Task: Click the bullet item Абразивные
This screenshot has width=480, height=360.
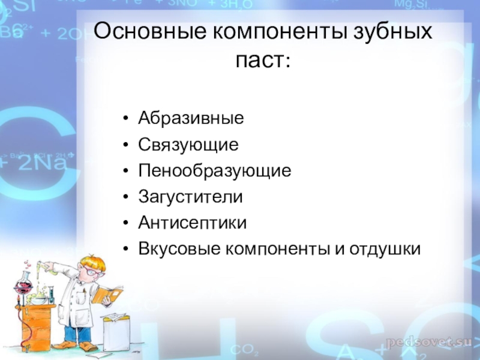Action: coord(191,118)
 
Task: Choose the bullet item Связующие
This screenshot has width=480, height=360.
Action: coord(188,145)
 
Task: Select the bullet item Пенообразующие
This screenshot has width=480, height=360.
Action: coord(214,171)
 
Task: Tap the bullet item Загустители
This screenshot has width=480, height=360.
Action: coord(190,197)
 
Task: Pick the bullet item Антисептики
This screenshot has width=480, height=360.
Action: coord(192,223)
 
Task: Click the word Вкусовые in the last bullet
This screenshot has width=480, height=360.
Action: coord(179,248)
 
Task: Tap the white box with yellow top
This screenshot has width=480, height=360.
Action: coord(115,330)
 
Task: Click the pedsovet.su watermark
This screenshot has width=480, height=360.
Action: coord(429,341)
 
